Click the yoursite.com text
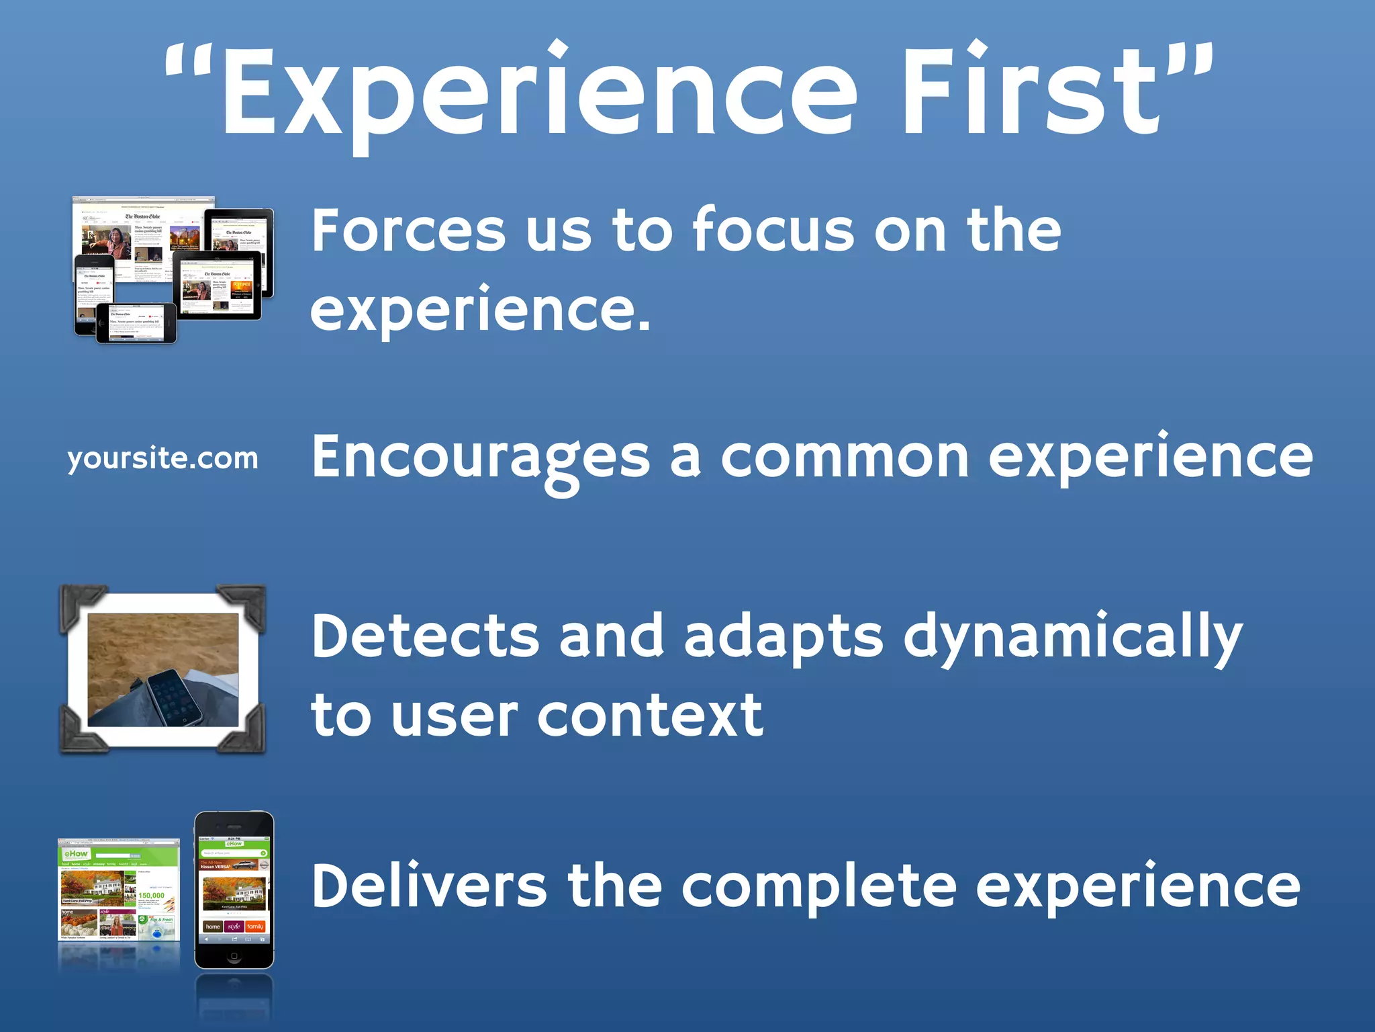tap(162, 459)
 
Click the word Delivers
tap(430, 886)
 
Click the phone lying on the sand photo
tap(175, 695)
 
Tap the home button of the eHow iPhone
tap(234, 956)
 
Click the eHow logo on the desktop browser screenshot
tap(76, 853)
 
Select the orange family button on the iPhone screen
tap(255, 927)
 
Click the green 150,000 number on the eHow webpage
tap(151, 895)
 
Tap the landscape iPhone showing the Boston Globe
tap(136, 323)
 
